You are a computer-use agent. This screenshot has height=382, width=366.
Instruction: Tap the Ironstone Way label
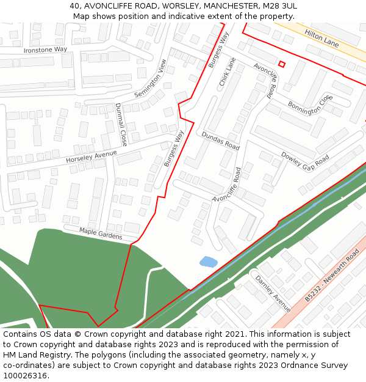tap(45, 50)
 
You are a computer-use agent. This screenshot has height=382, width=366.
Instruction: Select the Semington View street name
tap(150, 79)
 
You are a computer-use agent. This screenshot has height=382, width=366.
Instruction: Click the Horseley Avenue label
tap(91, 157)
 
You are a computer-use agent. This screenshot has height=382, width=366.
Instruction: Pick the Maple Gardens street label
tap(101, 233)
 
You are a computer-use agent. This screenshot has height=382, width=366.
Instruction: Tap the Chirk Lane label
tap(227, 72)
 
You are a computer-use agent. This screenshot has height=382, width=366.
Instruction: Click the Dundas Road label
tap(220, 141)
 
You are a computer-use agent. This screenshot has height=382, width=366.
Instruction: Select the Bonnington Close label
tap(310, 104)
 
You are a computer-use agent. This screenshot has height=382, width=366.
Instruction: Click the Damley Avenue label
tap(273, 293)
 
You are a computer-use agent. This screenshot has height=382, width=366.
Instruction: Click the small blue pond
tap(208, 262)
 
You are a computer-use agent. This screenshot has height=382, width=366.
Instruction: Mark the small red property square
tap(282, 64)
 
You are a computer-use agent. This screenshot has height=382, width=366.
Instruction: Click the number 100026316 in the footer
tap(26, 376)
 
